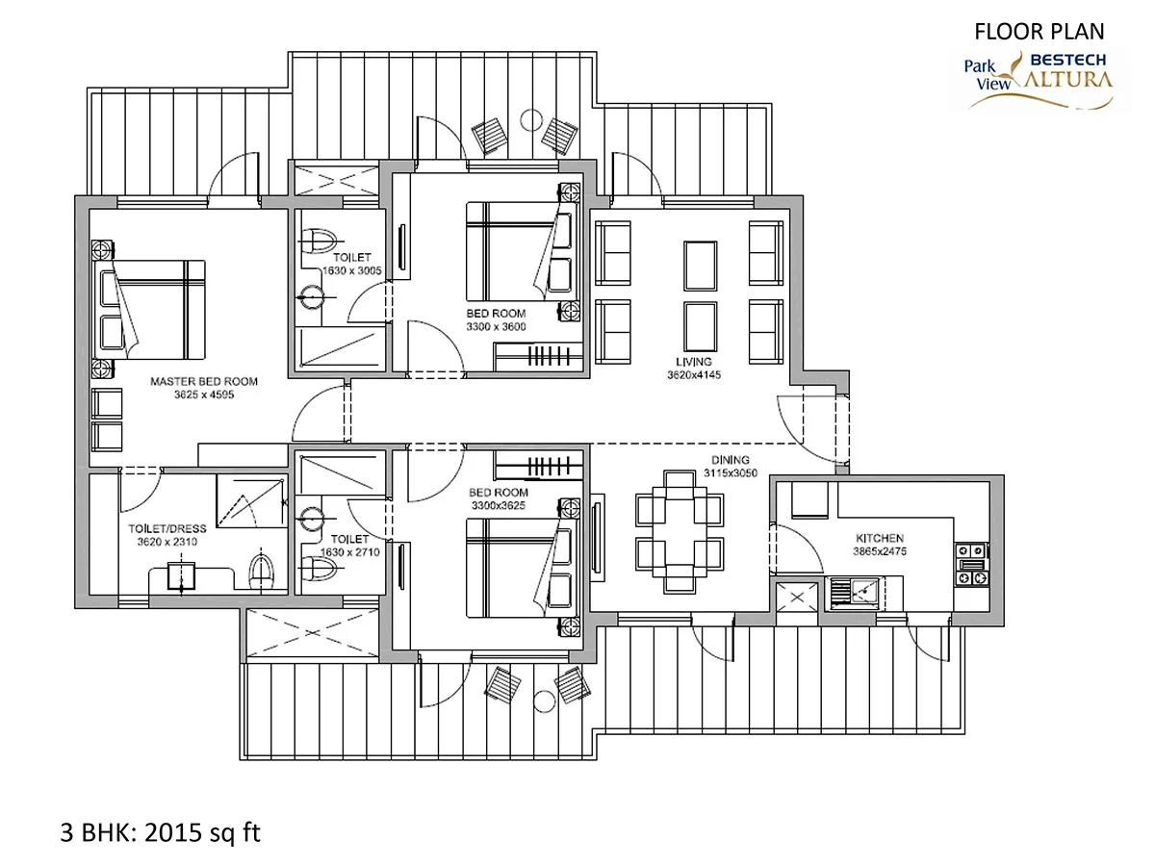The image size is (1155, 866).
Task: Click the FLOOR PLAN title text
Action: pyautogui.click(x=1039, y=32)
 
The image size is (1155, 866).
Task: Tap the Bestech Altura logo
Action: pyautogui.click(x=1039, y=81)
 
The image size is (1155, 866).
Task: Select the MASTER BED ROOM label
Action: pyautogui.click(x=204, y=381)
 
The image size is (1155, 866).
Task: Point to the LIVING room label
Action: pyautogui.click(x=694, y=362)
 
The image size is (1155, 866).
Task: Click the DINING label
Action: pyautogui.click(x=731, y=460)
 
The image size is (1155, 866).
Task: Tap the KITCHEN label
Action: pyautogui.click(x=880, y=538)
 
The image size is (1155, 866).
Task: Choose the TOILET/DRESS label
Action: pyautogui.click(x=167, y=528)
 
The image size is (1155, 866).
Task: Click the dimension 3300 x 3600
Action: pyautogui.click(x=497, y=326)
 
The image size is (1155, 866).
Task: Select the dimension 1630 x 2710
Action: pyautogui.click(x=350, y=552)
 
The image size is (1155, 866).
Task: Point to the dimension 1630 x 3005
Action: pyautogui.click(x=352, y=270)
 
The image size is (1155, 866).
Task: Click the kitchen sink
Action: pyautogui.click(x=855, y=594)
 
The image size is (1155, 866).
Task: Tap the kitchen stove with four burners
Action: pyautogui.click(x=972, y=564)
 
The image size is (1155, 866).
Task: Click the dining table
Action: pyautogui.click(x=680, y=531)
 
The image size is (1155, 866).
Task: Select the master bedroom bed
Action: pyautogui.click(x=149, y=309)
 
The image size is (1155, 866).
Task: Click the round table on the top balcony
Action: pyautogui.click(x=531, y=120)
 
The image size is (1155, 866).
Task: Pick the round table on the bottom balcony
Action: pyautogui.click(x=544, y=701)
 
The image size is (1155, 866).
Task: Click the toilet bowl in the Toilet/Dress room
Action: pyautogui.click(x=261, y=572)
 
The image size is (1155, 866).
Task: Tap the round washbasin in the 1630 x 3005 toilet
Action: pyautogui.click(x=313, y=298)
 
